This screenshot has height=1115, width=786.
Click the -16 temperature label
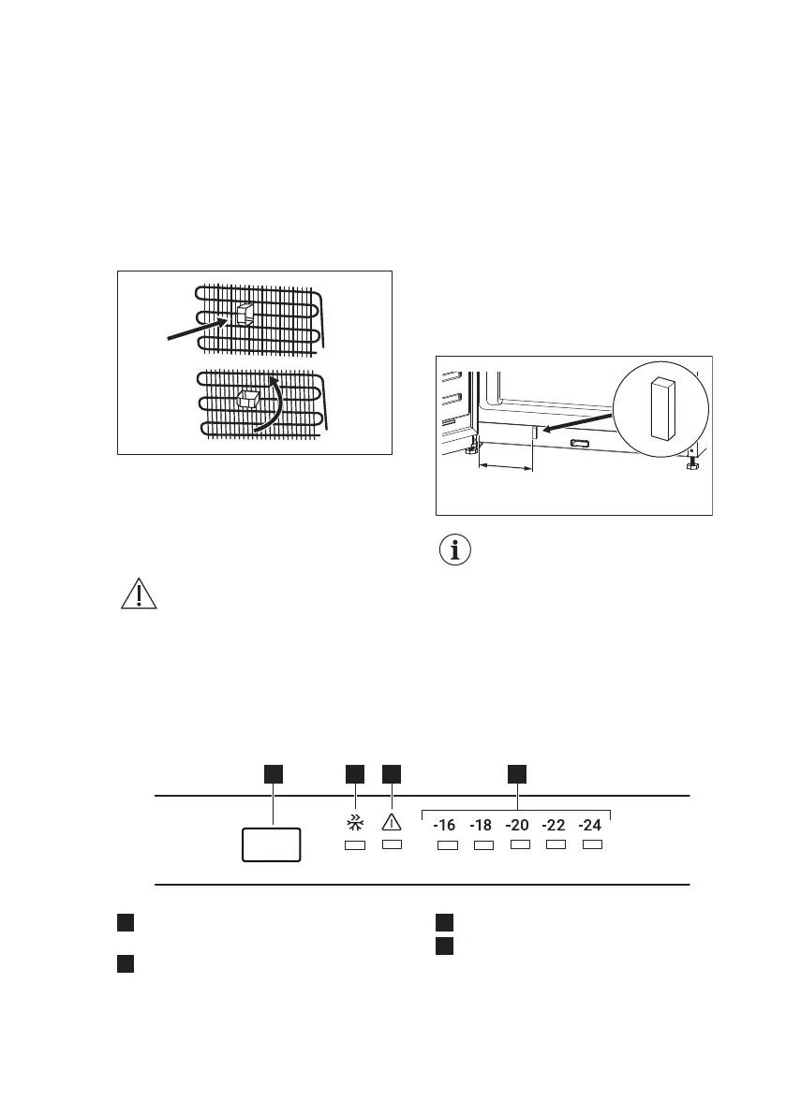(443, 826)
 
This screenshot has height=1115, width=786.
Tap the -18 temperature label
(481, 826)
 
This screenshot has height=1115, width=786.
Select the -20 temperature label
(517, 826)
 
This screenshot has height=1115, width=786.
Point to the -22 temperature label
(554, 826)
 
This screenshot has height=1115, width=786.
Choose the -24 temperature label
(590, 826)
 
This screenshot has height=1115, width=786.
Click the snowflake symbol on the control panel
(354, 824)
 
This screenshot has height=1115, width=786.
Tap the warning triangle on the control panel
(392, 823)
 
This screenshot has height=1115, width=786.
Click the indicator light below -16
(448, 846)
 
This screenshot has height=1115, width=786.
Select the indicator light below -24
(592, 845)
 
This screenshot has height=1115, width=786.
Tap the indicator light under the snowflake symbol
(354, 846)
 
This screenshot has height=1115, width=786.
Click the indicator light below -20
(520, 845)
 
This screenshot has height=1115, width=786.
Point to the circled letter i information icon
(456, 550)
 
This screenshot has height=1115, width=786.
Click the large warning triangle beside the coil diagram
(139, 595)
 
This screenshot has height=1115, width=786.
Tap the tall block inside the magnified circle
(663, 407)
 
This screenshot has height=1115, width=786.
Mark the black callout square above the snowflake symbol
(354, 773)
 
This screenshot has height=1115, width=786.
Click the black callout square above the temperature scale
(517, 773)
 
